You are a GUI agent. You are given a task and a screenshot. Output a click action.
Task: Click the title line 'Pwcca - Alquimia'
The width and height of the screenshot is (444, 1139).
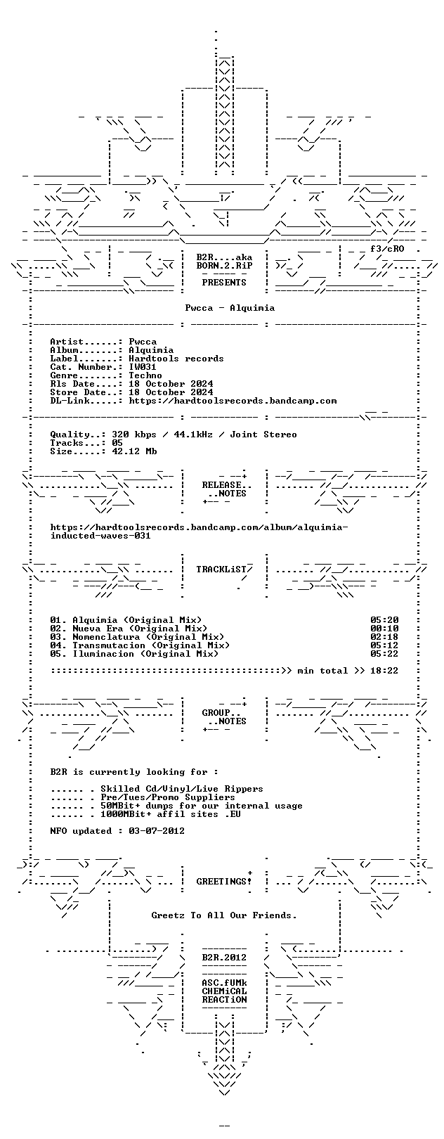[x=230, y=308]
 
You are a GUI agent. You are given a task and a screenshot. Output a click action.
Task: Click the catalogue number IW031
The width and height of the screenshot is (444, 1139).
[x=142, y=366]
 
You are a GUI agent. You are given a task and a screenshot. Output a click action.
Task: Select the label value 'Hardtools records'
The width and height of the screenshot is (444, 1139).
[x=176, y=359]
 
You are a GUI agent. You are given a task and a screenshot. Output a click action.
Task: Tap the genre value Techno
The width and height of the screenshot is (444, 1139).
[x=145, y=375]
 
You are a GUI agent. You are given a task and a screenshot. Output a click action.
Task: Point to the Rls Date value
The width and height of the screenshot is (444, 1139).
[x=171, y=384]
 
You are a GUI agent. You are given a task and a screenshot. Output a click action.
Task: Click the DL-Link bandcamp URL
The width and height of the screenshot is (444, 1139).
[x=233, y=401]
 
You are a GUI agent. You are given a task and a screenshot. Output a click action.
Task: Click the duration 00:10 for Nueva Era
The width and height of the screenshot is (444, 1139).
[x=384, y=629]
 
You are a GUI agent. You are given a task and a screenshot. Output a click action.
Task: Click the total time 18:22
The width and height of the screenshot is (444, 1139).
[x=384, y=671]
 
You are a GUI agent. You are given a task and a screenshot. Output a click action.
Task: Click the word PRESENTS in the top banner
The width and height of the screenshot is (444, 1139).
[x=224, y=283]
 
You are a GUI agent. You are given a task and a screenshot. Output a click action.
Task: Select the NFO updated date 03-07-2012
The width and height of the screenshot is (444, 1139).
[x=157, y=831]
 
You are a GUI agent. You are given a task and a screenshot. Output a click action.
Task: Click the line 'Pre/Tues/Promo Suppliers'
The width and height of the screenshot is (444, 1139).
[x=182, y=797]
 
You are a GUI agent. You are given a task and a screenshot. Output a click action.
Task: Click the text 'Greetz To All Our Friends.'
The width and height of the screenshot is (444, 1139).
[x=224, y=915]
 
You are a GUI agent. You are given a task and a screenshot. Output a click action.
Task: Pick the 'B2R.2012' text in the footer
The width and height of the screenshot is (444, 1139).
[x=224, y=958]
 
